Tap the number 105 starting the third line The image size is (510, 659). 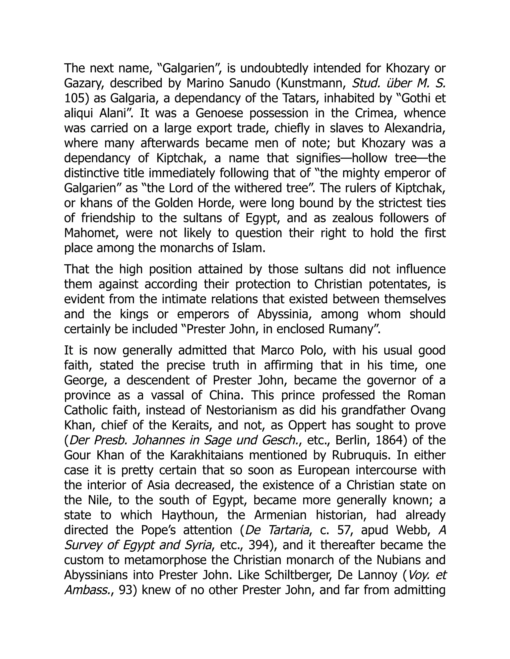pos(73,98)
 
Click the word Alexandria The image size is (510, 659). pos(415,129)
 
